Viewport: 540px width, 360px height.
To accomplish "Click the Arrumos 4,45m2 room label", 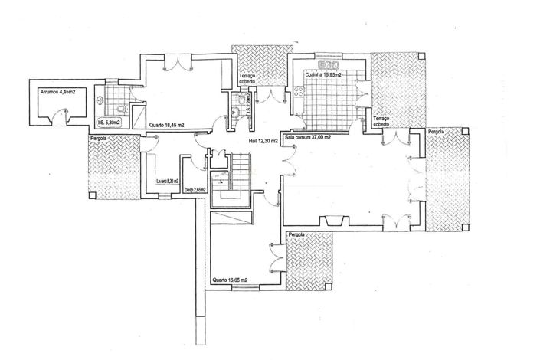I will click(57, 91).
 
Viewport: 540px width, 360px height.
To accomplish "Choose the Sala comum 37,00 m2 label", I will click(307, 138).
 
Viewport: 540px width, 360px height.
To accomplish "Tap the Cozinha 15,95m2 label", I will click(322, 74).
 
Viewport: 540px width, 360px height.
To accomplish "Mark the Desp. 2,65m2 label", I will click(195, 190).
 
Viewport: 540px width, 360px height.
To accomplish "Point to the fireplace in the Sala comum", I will click(332, 221).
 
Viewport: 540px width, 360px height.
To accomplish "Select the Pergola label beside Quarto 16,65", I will click(296, 233).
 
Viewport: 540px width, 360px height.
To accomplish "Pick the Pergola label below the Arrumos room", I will click(98, 139).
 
